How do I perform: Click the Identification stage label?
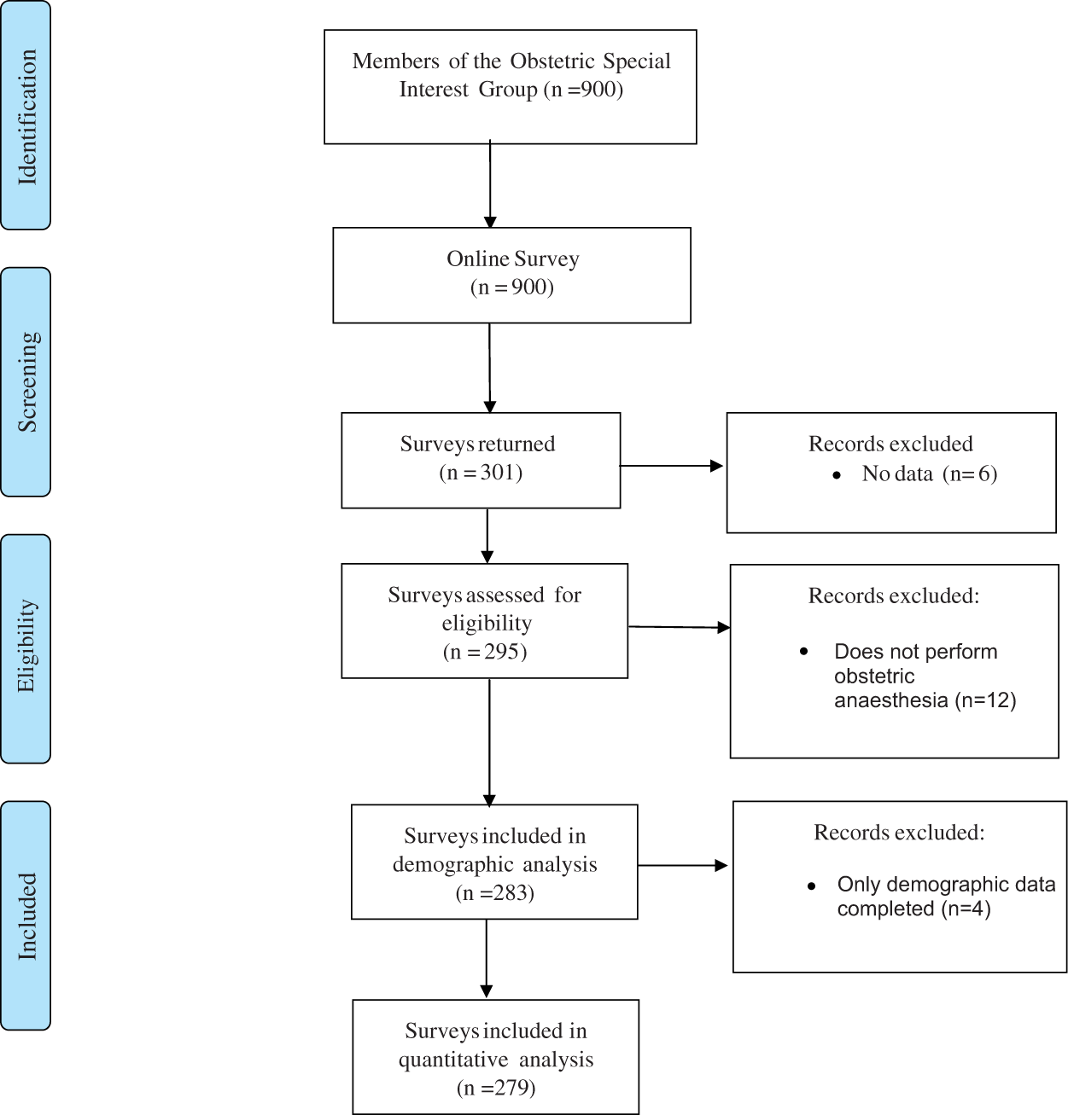(x=27, y=117)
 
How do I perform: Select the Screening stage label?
(x=27, y=381)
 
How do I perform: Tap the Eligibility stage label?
(x=27, y=646)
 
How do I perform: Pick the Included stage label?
(x=27, y=915)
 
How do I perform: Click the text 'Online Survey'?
(x=512, y=259)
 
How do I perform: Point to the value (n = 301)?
(x=481, y=472)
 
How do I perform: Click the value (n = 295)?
(x=484, y=652)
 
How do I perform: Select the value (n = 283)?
(x=495, y=892)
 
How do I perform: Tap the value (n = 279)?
(x=496, y=1088)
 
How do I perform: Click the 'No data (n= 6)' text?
(x=929, y=473)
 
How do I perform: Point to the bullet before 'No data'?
(x=837, y=475)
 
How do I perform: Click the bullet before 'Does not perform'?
(x=803, y=652)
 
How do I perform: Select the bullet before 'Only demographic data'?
(x=811, y=886)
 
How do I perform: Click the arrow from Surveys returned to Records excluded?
(x=671, y=466)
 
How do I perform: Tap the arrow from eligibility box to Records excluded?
(x=680, y=627)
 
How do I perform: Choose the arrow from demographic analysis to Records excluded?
(x=683, y=865)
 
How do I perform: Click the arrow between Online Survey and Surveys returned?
(x=489, y=368)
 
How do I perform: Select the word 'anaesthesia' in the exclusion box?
(x=891, y=700)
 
